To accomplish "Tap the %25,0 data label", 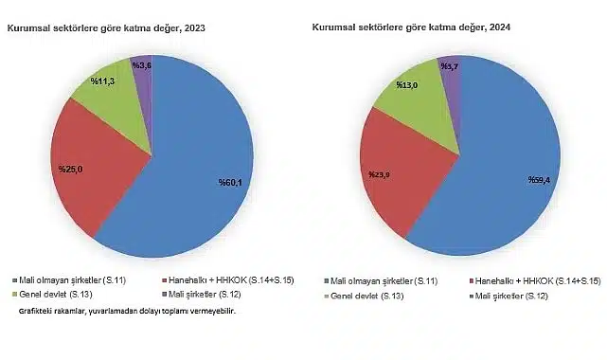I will point(71,169).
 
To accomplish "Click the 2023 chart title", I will point(106,29).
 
